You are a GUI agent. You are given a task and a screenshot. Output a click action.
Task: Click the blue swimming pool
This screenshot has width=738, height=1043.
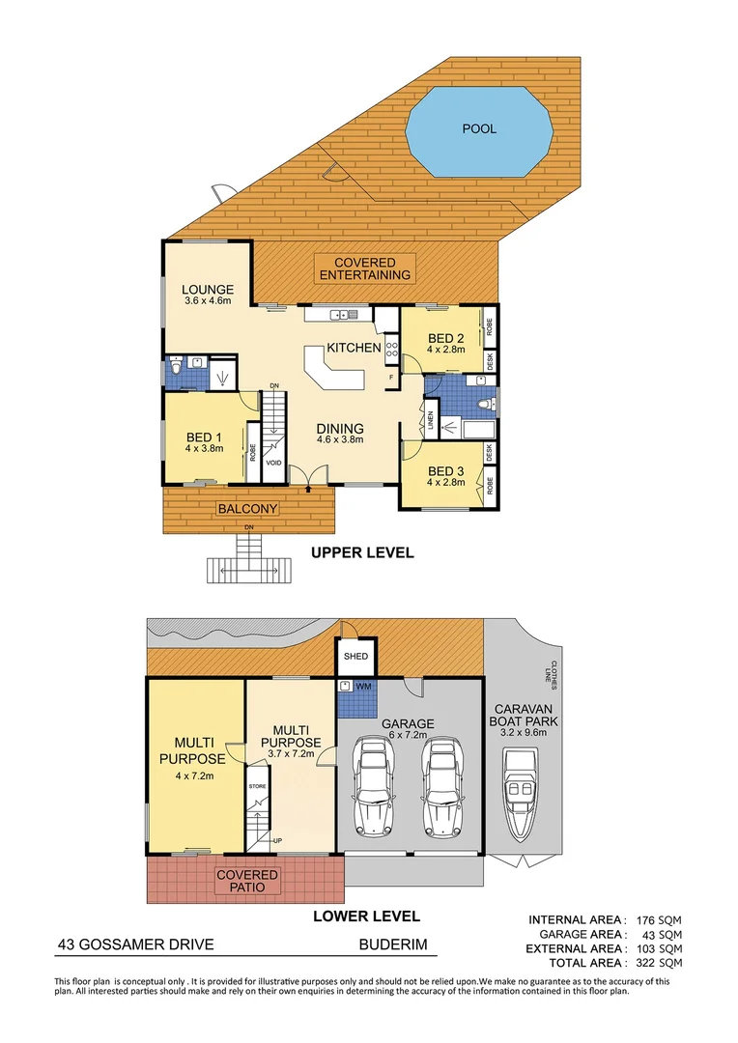[479, 128]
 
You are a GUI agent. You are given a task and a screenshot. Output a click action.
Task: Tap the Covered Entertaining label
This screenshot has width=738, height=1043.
[364, 268]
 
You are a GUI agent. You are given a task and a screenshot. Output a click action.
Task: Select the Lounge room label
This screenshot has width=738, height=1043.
[208, 289]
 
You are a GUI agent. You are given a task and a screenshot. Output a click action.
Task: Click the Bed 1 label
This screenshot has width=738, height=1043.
[204, 436]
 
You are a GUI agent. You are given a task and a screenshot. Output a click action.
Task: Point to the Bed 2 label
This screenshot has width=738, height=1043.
[446, 337]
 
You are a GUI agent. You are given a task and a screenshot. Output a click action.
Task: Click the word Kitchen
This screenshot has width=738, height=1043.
[354, 348]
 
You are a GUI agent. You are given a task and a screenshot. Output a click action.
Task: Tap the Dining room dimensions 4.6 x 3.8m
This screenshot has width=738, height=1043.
[339, 440]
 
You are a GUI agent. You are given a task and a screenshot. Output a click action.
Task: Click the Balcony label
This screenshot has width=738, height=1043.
[247, 509]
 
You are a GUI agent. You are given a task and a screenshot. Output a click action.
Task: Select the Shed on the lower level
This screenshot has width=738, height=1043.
[355, 656]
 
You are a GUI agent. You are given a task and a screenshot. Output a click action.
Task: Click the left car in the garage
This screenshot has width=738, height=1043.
[374, 788]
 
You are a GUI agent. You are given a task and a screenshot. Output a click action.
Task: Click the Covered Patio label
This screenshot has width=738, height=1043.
[247, 881]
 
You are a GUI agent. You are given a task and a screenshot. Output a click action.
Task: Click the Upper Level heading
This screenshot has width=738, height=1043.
[361, 553]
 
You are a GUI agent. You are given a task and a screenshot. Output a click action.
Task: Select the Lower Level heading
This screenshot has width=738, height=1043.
[366, 916]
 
